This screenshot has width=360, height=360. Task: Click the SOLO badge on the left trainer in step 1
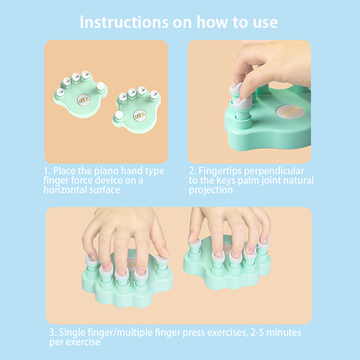[x=84, y=100]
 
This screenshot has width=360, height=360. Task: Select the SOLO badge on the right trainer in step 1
[x=139, y=115]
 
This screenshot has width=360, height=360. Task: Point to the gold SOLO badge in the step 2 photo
[x=290, y=112]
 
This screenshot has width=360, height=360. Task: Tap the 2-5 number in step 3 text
[x=257, y=333]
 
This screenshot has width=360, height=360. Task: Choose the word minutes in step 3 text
[x=284, y=333]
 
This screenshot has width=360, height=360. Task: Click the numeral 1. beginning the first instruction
[x=47, y=171]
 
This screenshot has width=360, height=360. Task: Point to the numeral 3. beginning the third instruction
[x=53, y=333]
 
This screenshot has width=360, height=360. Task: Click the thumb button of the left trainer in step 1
[x=101, y=86]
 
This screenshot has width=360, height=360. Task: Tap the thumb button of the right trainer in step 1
[x=119, y=115]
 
